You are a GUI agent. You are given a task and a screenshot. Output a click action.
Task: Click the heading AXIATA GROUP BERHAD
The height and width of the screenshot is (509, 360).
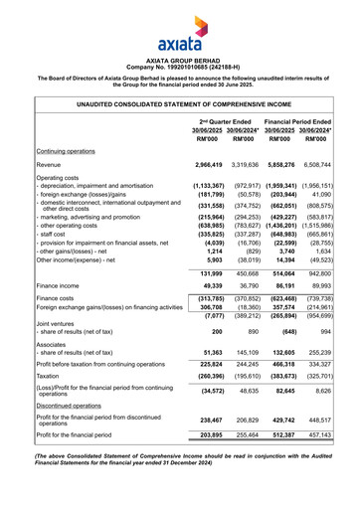[180, 59]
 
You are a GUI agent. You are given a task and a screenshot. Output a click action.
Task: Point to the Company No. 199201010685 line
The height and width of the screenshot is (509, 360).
[180, 66]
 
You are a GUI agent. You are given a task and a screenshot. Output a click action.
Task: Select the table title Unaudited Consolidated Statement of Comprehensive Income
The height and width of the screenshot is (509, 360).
[180, 102]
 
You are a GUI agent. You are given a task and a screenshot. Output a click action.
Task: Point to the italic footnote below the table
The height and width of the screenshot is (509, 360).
[180, 483]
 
